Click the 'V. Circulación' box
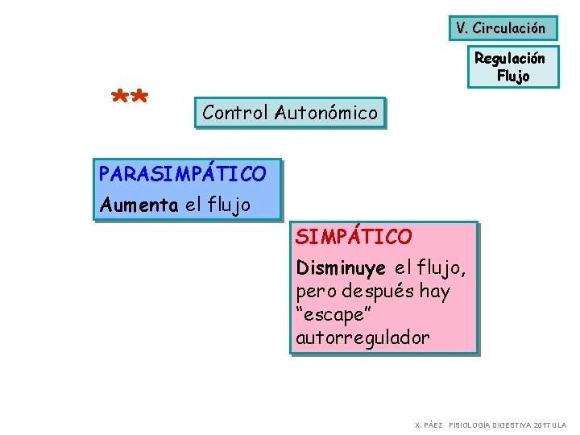tap(500, 28)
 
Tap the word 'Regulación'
tap(509, 58)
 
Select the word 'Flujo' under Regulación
tap(513, 77)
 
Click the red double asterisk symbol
tap(129, 100)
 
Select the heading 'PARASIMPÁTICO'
tap(182, 173)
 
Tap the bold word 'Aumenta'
tap(139, 205)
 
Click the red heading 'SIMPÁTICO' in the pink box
tap(354, 237)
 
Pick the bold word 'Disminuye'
tap(341, 267)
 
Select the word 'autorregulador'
tap(362, 338)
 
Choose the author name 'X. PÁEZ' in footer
tap(429, 425)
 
